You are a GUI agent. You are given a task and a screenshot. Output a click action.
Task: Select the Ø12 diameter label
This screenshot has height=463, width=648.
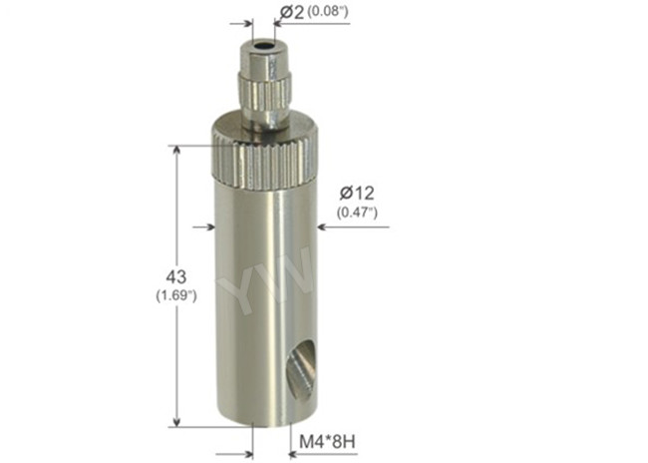(x=355, y=193)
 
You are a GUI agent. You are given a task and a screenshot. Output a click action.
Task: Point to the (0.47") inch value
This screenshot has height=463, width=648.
(x=355, y=212)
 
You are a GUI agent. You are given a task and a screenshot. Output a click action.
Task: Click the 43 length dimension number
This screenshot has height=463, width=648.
(x=175, y=276)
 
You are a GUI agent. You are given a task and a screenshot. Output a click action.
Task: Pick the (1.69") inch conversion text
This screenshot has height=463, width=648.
(x=175, y=295)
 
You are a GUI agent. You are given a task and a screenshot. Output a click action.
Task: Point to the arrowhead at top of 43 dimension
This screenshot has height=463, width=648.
(x=177, y=151)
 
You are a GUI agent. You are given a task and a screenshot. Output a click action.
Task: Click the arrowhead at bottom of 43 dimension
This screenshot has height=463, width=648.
(x=177, y=421)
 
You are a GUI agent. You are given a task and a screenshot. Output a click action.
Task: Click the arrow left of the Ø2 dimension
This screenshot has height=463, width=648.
(x=244, y=22)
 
